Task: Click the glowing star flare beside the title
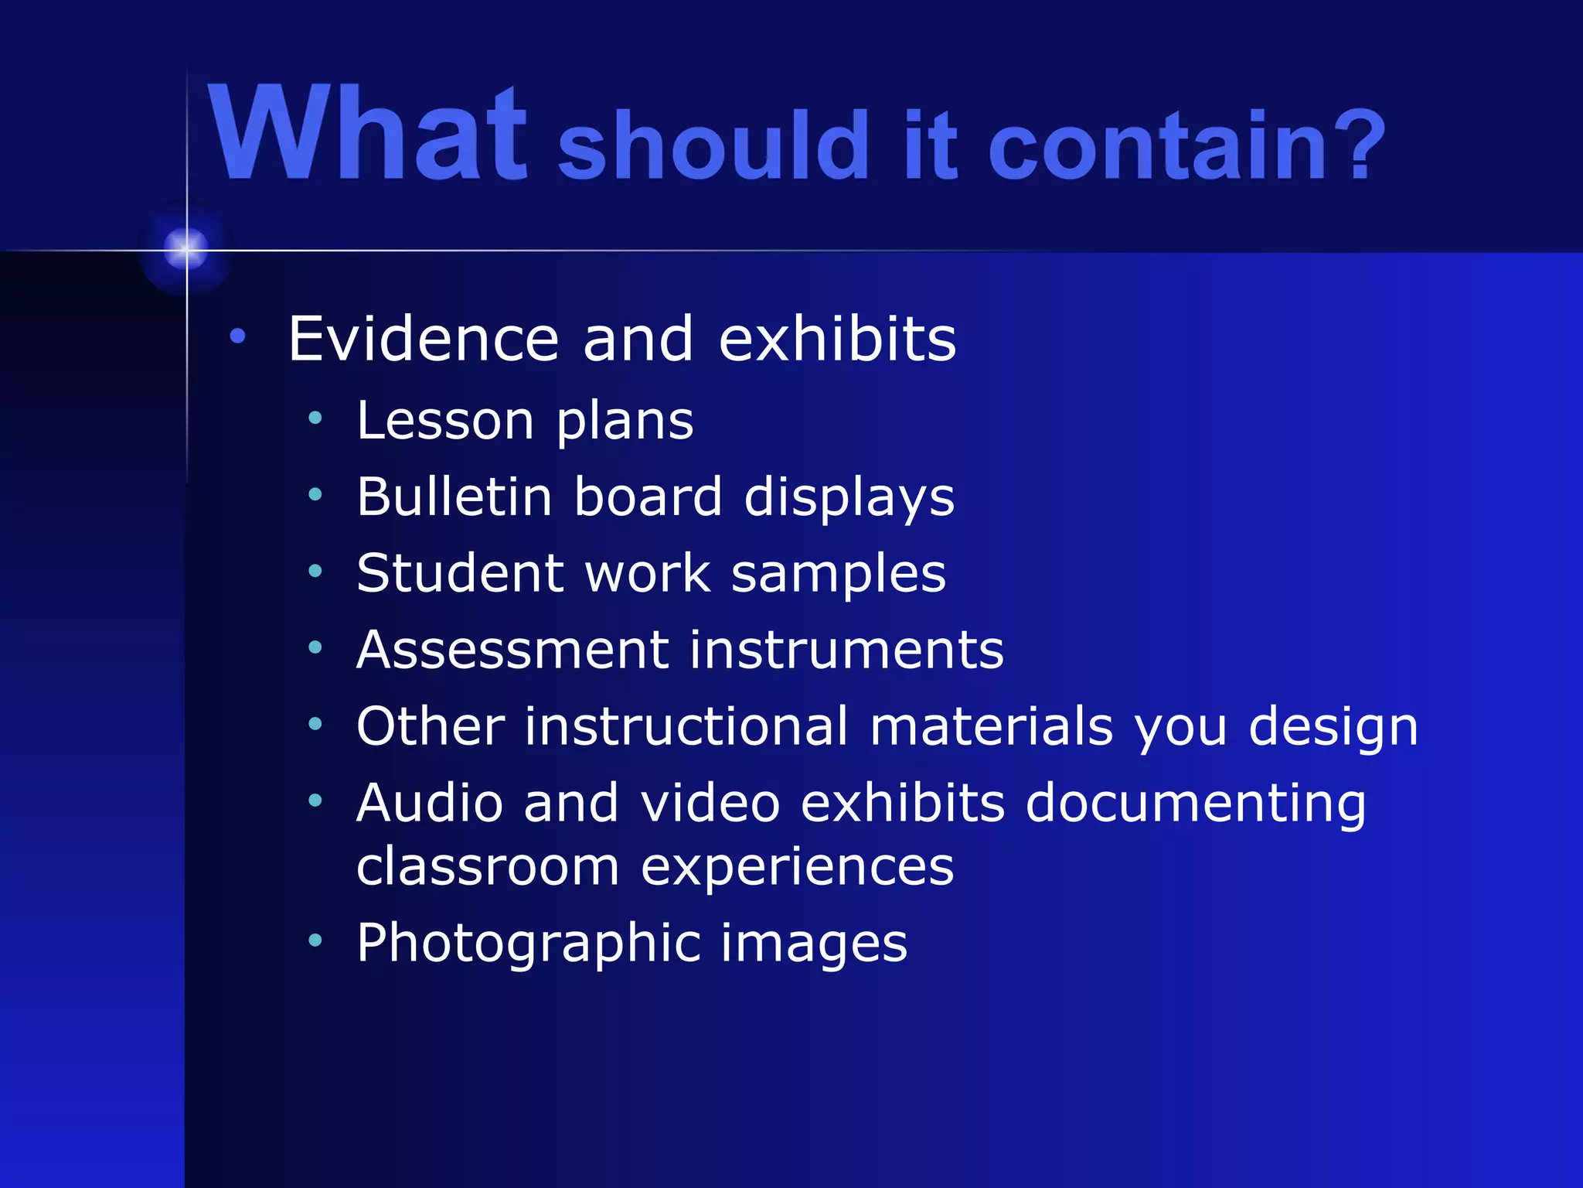point(186,248)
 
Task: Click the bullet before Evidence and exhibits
point(237,336)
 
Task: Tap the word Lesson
point(446,421)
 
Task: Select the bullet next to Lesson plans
point(315,418)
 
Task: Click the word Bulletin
point(454,497)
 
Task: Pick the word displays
point(849,499)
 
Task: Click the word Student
point(461,573)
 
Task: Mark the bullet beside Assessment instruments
point(315,647)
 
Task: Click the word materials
point(992,726)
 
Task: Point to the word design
point(1333,729)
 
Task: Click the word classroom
point(488,866)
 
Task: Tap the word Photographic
point(528,944)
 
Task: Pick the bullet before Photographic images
point(315,940)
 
